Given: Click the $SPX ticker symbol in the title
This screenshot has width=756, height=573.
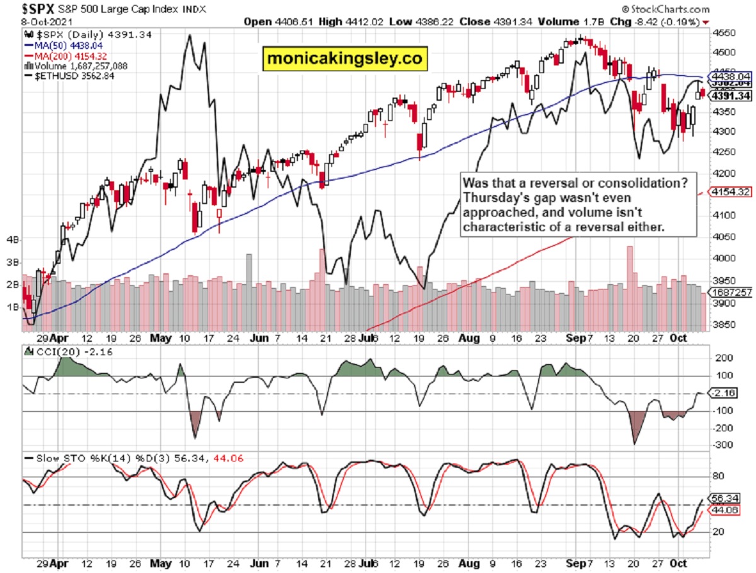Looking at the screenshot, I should [23, 9].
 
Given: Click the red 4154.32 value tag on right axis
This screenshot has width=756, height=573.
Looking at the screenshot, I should [730, 191].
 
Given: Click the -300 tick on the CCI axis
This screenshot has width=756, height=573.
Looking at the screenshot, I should [722, 445].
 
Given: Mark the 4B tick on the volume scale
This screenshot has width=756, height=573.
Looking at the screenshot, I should [12, 240].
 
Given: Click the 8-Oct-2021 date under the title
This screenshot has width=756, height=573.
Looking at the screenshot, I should [28, 21].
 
